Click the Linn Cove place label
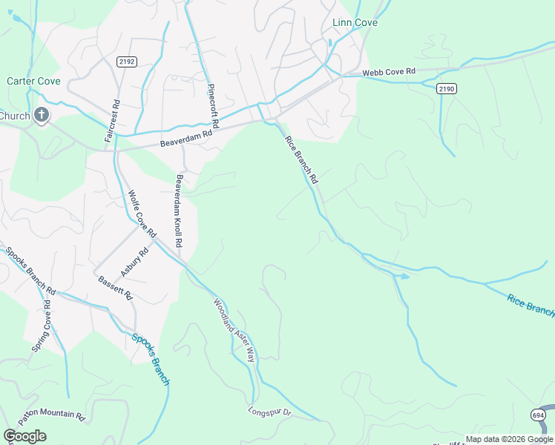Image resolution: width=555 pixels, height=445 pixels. tap(355, 23)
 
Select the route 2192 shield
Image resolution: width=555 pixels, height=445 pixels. tap(125, 62)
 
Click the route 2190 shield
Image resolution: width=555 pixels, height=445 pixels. tap(446, 88)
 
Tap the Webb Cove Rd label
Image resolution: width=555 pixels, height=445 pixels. tap(389, 73)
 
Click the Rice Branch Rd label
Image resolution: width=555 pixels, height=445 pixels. tap(301, 159)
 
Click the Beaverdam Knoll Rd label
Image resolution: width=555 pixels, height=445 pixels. tap(179, 212)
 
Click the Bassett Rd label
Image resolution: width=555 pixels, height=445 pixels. tap(115, 288)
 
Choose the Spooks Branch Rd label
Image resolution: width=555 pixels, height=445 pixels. tap(30, 269)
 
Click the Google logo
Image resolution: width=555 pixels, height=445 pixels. tap(25, 435)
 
